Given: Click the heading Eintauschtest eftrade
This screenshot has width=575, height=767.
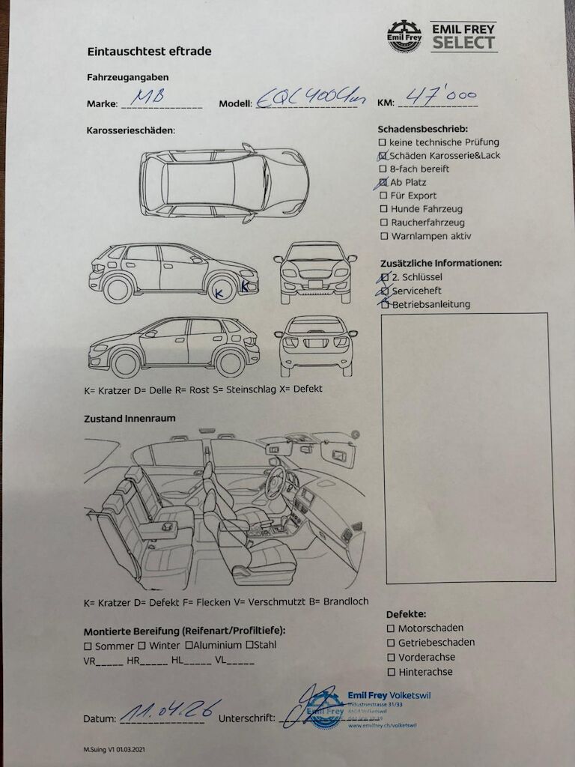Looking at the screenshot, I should pyautogui.click(x=149, y=52).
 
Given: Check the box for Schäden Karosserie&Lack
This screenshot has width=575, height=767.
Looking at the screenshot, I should pyautogui.click(x=383, y=156).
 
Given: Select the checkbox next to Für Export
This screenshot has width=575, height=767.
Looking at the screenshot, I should pyautogui.click(x=383, y=196).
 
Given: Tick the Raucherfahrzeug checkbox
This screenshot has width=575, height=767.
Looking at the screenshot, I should pyautogui.click(x=383, y=223).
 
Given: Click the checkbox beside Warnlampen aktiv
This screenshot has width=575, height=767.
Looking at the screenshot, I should pyautogui.click(x=383, y=237).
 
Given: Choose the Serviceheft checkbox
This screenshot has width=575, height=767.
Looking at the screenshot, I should pyautogui.click(x=385, y=291).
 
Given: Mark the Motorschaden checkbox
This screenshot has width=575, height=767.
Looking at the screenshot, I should pyautogui.click(x=391, y=628).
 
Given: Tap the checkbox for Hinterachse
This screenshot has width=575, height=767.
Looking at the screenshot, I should pyautogui.click(x=391, y=672).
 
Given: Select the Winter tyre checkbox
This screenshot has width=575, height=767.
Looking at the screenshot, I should pyautogui.click(x=142, y=646).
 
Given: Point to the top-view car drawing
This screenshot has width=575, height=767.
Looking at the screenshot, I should pyautogui.click(x=225, y=183).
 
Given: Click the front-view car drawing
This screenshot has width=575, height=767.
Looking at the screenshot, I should pyautogui.click(x=315, y=272).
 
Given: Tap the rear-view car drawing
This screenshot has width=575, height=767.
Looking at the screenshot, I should pyautogui.click(x=315, y=345).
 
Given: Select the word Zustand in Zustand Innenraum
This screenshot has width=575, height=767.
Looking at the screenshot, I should pyautogui.click(x=106, y=419).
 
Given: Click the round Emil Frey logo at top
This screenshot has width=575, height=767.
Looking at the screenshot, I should pyautogui.click(x=404, y=37).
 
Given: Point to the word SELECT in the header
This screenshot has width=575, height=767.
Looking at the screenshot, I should pyautogui.click(x=464, y=43).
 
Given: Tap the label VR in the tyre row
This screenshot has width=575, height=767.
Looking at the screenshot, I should pyautogui.click(x=90, y=661).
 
